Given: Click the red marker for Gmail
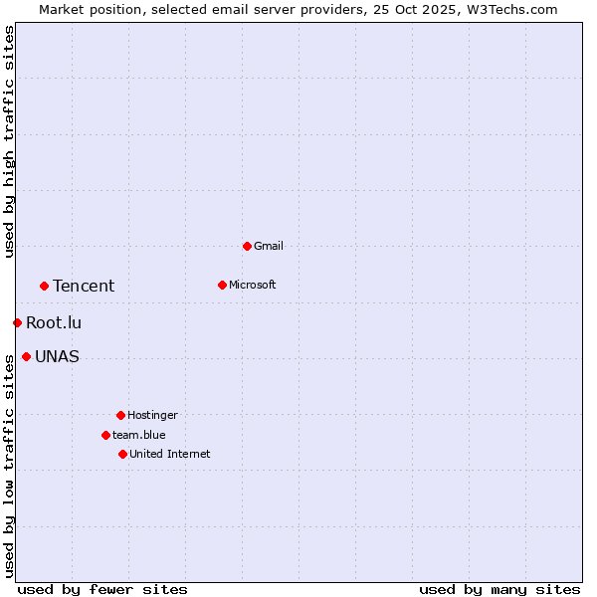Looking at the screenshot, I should point(247,246).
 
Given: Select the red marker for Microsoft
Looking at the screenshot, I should point(222,285).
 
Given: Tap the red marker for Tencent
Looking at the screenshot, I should point(44,286).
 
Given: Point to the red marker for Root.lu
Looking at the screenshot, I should point(17,322).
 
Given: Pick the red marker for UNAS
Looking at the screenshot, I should point(26,356).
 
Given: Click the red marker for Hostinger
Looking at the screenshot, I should point(120,415).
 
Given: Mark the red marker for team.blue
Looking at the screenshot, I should point(105,435).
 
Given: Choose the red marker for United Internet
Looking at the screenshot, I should point(122,454).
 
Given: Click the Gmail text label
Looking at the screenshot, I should point(269,246).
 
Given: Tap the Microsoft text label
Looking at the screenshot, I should point(253,285).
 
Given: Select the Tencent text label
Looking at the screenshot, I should point(84,287).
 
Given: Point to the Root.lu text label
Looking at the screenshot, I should point(54,323).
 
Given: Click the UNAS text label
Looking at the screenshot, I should point(57,357).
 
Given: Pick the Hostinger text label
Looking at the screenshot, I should point(152,415).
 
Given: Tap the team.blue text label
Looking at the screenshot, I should point(139,435).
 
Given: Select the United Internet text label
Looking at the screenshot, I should point(170,454).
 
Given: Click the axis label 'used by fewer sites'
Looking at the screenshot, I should point(102,590).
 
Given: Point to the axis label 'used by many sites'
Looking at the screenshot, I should point(499,590).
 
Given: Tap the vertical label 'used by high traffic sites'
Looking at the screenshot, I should point(9,141).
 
